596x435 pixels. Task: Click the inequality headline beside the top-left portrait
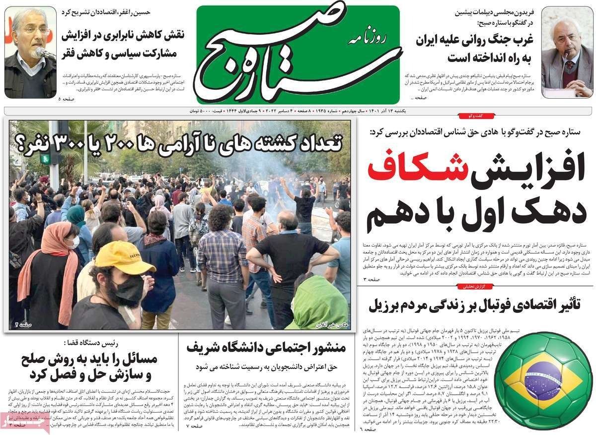[123, 45]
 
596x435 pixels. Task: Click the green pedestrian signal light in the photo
[46, 159]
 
